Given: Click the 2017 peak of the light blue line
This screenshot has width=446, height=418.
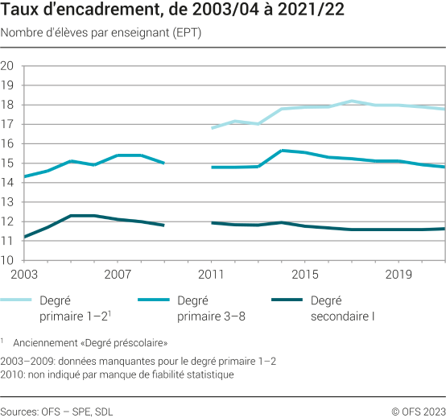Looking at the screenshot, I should pyautogui.click(x=352, y=101).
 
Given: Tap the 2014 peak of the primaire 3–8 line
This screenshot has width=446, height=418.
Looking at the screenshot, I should pyautogui.click(x=282, y=151).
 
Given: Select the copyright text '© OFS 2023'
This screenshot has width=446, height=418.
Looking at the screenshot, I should pyautogui.click(x=419, y=411).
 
